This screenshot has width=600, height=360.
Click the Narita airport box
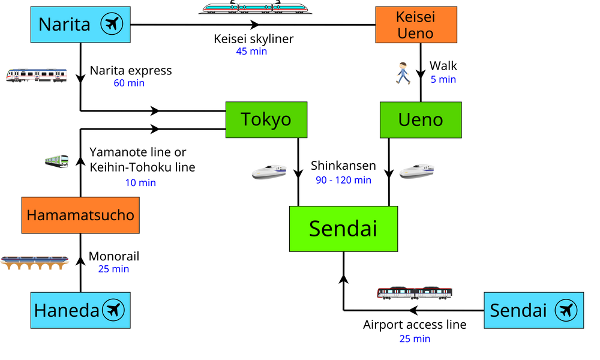coord(80,25)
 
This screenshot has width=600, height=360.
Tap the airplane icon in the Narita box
coord(112,25)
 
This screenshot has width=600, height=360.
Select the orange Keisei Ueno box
coord(416,25)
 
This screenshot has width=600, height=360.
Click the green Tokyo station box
coord(266,119)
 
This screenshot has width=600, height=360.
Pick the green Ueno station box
coord(421,119)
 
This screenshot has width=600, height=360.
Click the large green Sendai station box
coord(343,229)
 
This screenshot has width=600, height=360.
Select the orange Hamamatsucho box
coord(80,215)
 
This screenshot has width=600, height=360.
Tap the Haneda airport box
coord(80,310)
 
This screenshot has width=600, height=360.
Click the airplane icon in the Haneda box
coord(113,310)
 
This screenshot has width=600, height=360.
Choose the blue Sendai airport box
coord(533,310)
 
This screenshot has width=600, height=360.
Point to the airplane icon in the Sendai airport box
coord(566,310)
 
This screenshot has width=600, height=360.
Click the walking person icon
coord(403,73)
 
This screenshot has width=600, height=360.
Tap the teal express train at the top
coord(256,8)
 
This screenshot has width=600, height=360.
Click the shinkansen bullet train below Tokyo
coord(269,172)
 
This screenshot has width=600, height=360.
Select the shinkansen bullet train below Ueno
coord(416,171)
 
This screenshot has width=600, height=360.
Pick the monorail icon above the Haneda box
coord(35,262)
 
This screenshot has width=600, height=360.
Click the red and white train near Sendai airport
coord(414,293)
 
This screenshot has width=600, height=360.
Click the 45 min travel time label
coord(251,52)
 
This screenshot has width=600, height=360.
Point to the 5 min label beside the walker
coord(443,79)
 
